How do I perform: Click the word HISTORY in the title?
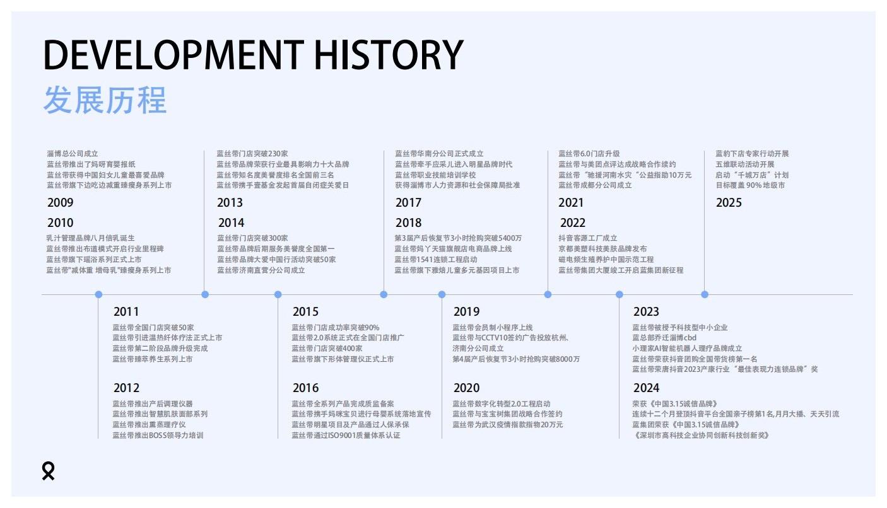coord(389,54)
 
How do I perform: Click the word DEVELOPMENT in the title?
coord(174,54)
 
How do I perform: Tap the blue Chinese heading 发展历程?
coord(105,100)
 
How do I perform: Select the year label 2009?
coord(60,202)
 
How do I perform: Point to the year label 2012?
coord(126,388)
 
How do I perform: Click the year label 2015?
coord(305,312)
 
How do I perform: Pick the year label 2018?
coord(408,222)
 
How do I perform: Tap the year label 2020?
coord(466,388)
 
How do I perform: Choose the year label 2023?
coord(646,312)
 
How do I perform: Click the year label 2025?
coord(729,202)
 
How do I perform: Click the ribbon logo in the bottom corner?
coord(49,471)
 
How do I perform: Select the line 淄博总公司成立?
coord(73,154)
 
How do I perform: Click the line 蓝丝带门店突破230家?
coord(252,154)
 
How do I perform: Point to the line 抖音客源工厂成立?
coord(587,238)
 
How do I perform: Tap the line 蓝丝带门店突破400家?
coord(327,348)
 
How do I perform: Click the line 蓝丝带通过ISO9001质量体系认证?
coord(346,435)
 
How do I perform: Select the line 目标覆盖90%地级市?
coord(750,185)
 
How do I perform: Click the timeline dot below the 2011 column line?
coord(98,294)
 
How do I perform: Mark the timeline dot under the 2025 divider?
coord(705,294)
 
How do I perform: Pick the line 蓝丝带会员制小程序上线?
coord(493,328)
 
